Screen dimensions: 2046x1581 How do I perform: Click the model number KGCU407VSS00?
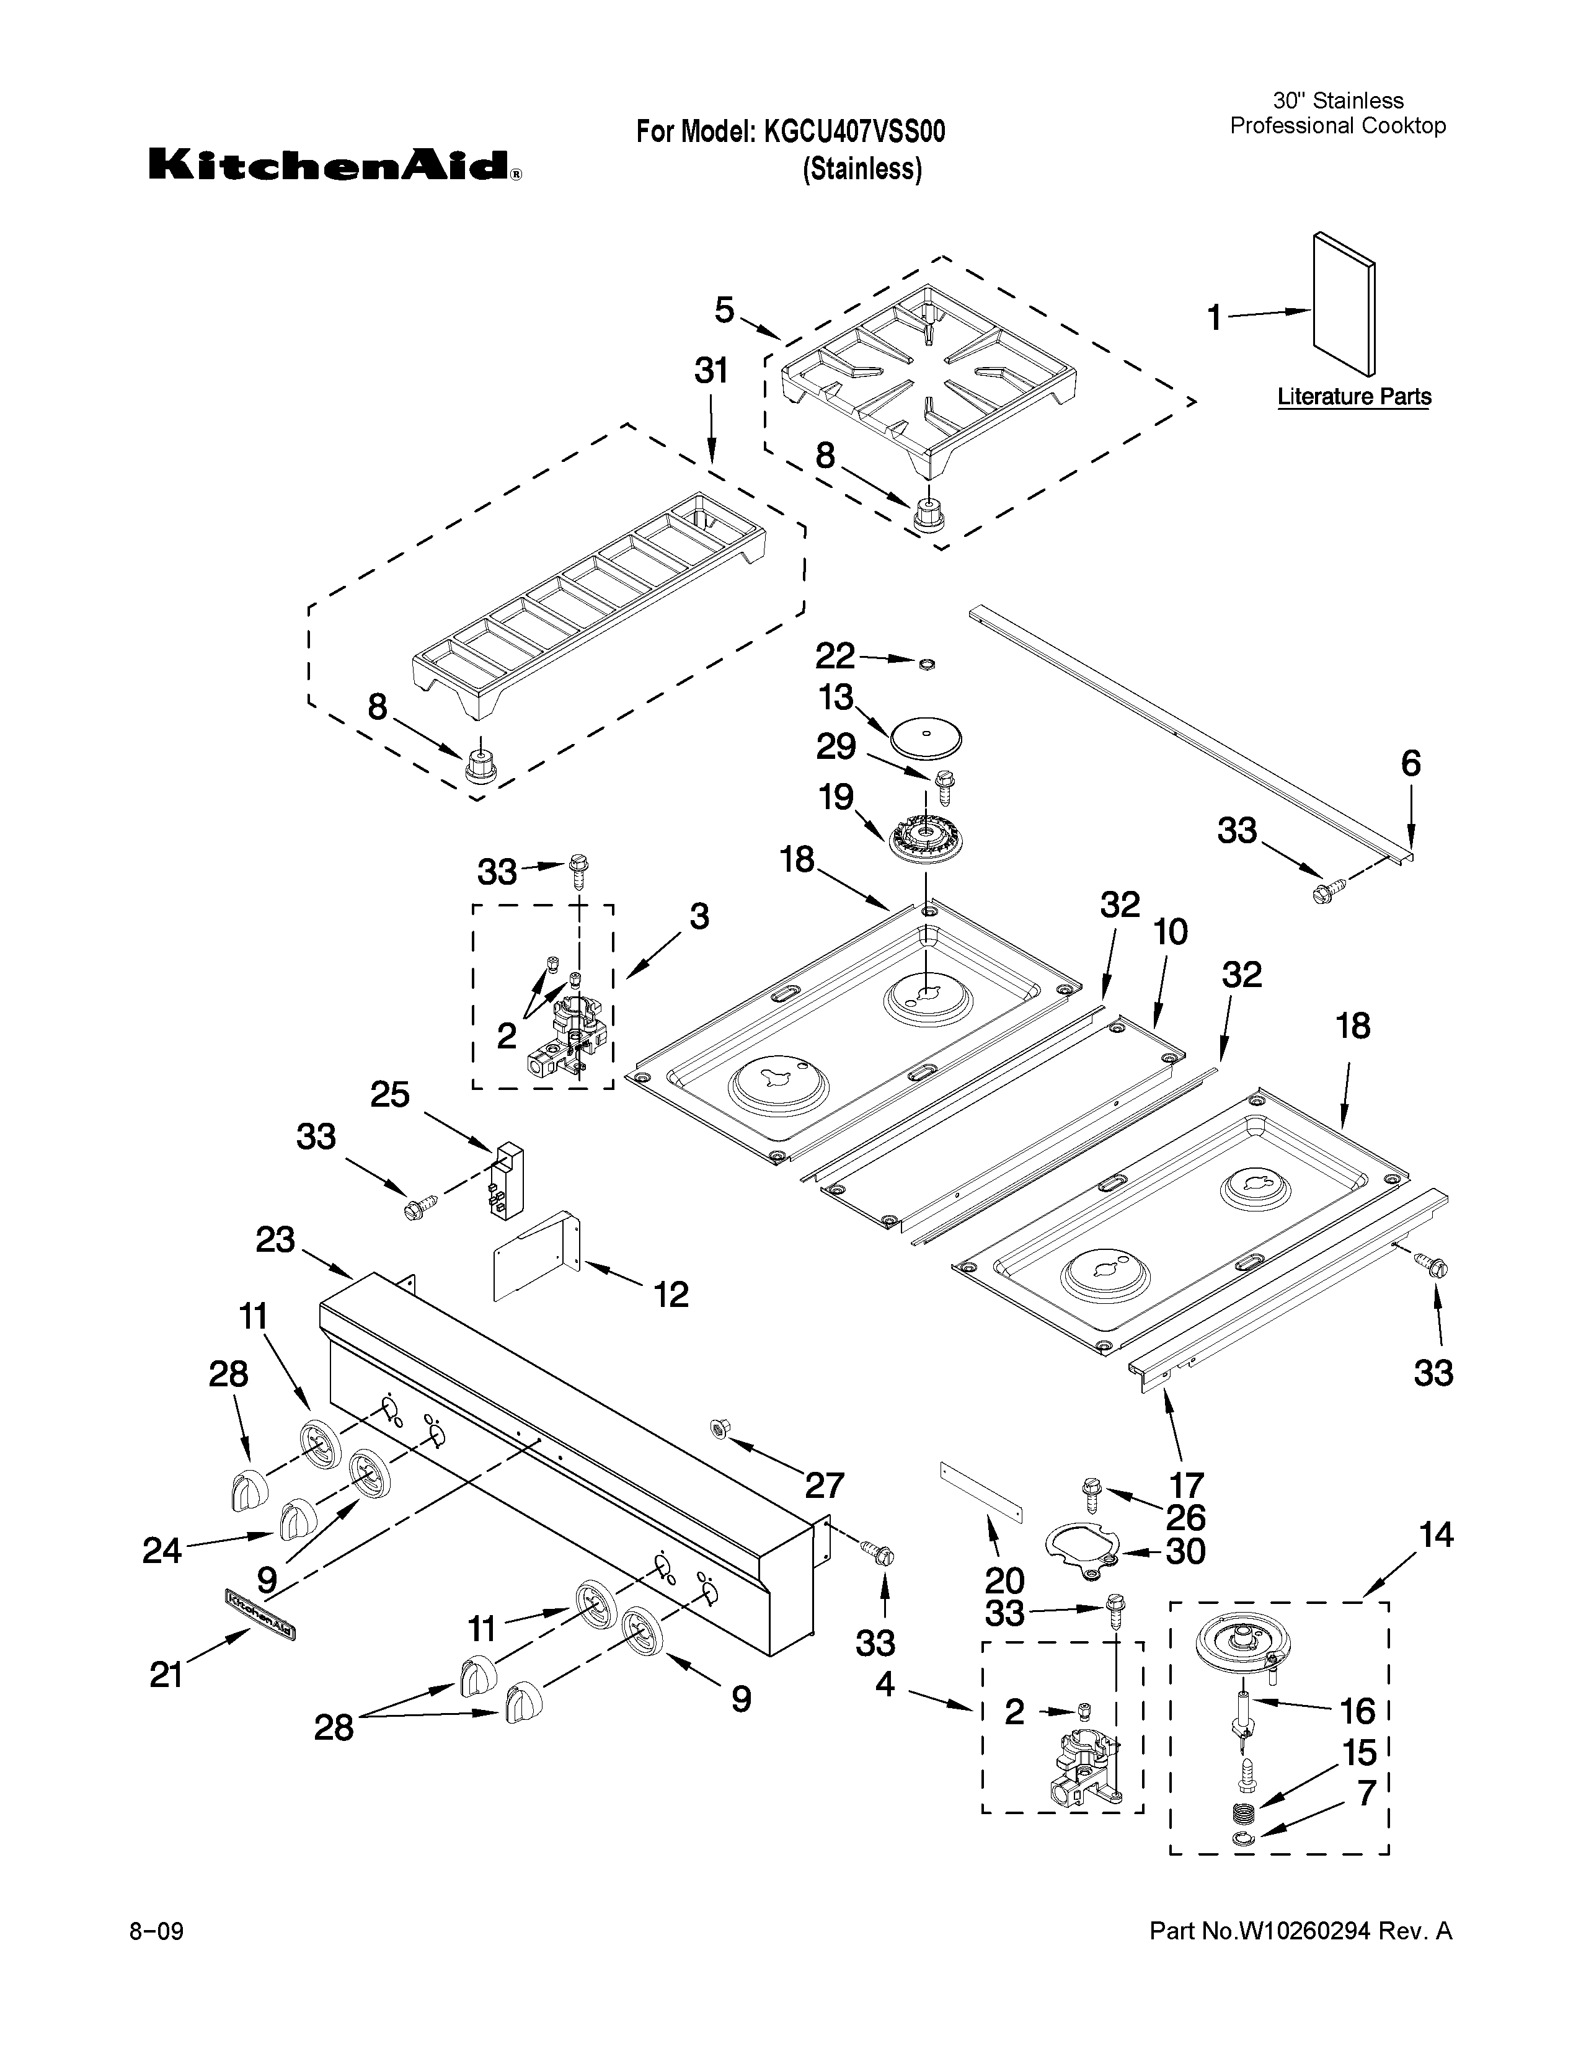click(x=854, y=132)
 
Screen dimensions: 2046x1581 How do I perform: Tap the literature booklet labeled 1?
click(x=1344, y=302)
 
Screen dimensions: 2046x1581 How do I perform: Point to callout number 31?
click(x=711, y=372)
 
